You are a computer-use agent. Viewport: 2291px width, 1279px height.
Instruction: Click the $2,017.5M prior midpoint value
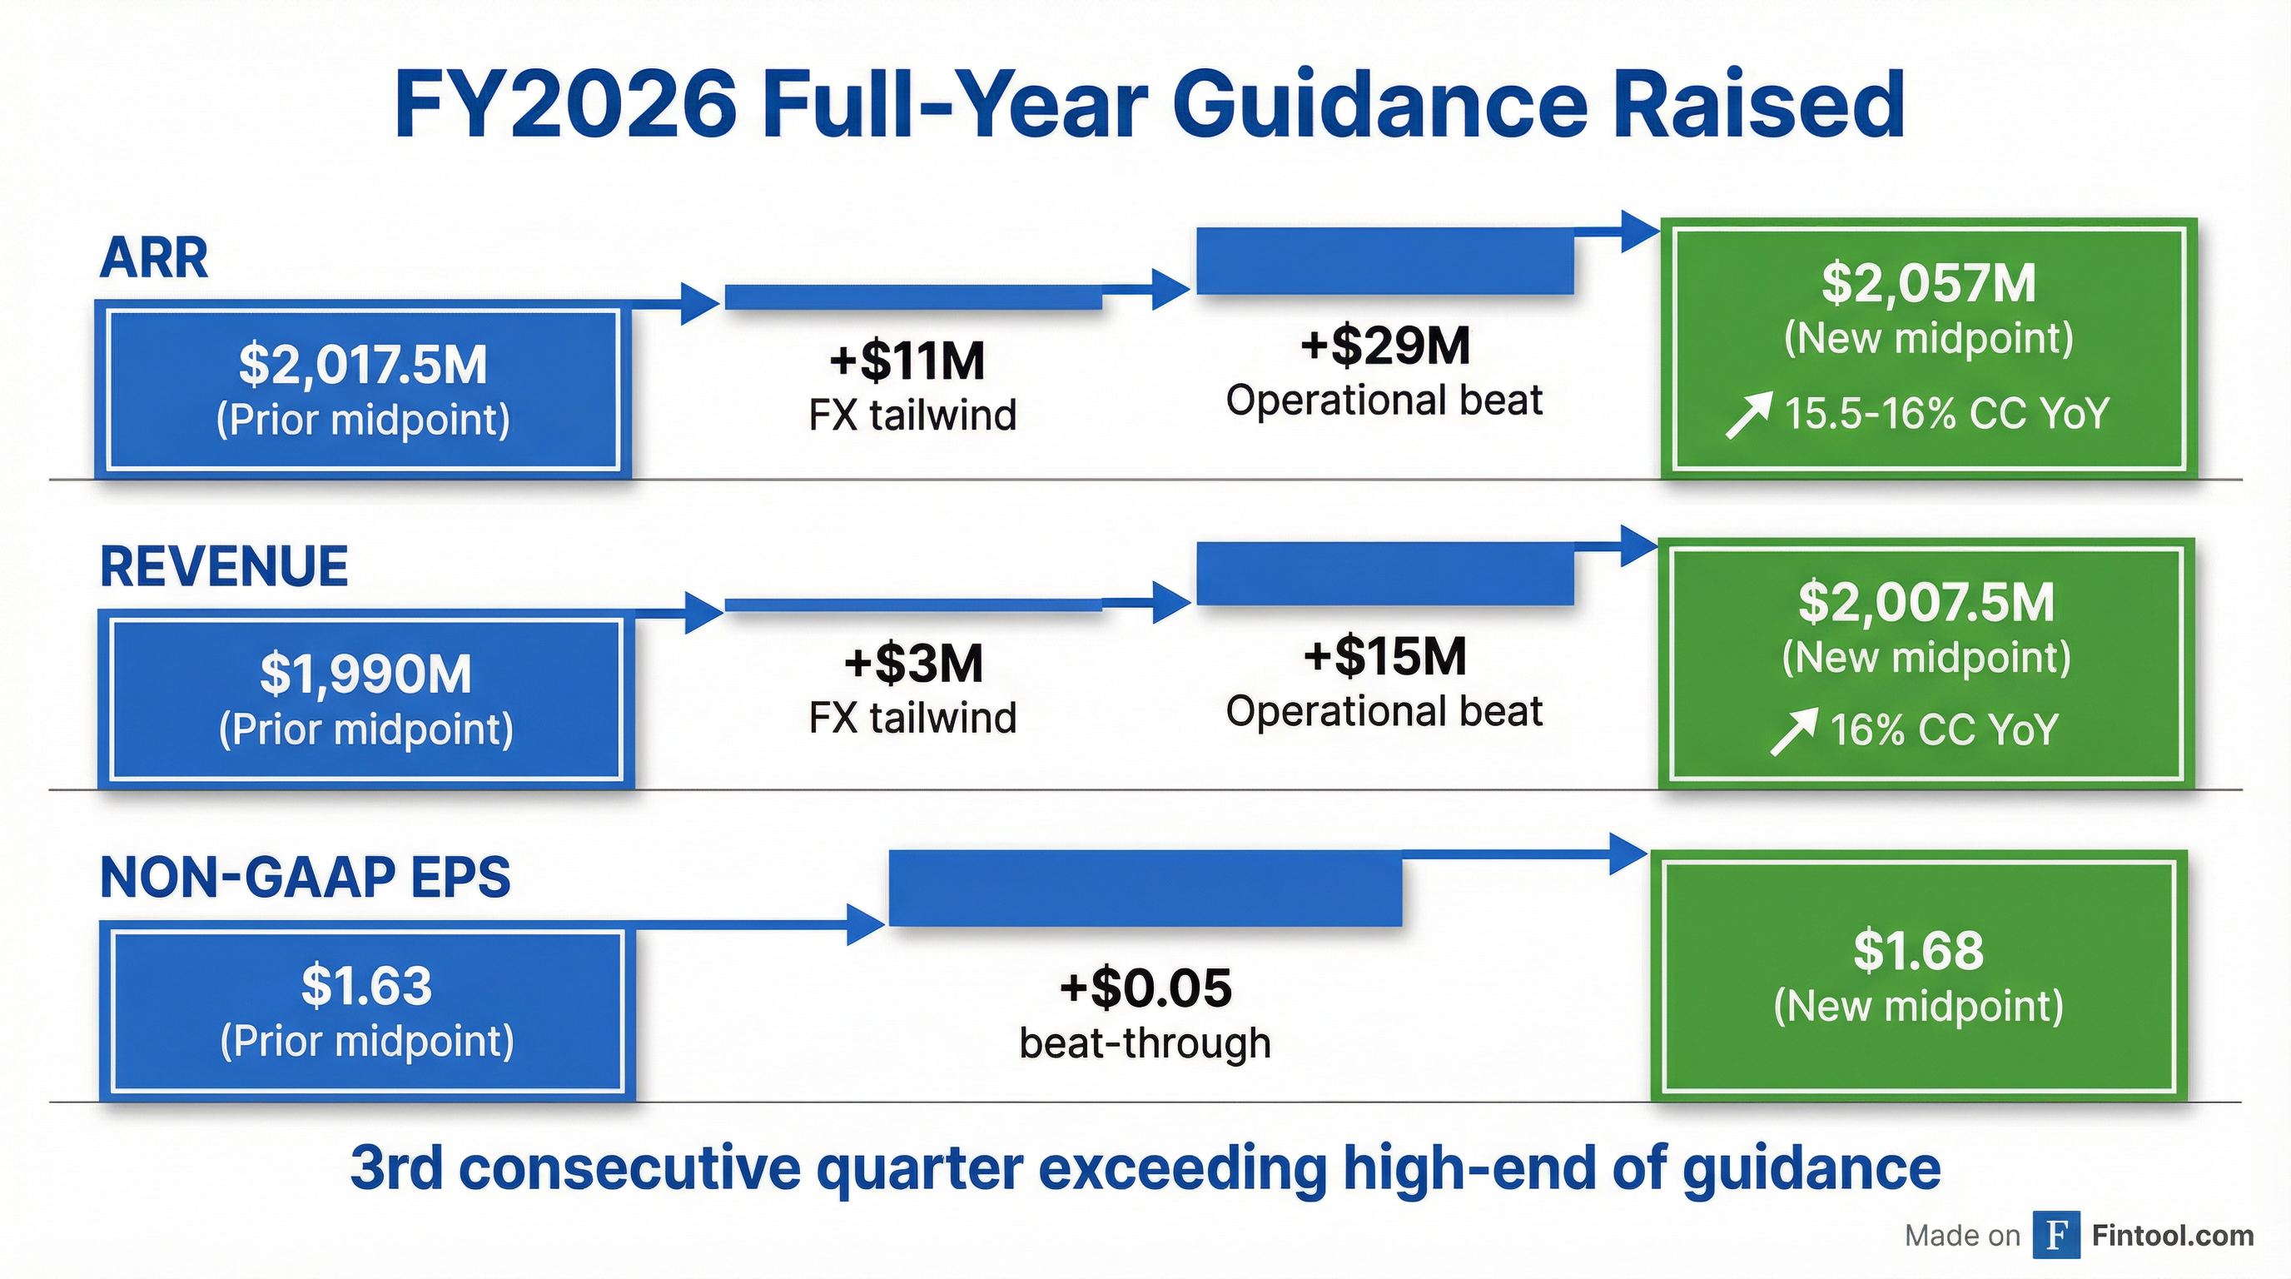(x=363, y=365)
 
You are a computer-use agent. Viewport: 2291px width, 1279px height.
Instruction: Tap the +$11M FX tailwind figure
(x=907, y=361)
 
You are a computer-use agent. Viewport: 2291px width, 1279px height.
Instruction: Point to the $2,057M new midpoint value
(x=1928, y=283)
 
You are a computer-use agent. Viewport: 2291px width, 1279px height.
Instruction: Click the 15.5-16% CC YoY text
(x=1946, y=414)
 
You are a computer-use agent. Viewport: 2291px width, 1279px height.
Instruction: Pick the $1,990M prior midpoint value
(x=365, y=674)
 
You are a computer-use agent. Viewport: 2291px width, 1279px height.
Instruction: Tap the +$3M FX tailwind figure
(x=913, y=664)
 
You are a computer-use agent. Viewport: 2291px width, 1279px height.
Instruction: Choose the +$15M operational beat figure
(x=1384, y=656)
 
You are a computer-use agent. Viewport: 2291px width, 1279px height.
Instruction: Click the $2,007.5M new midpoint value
(x=1926, y=602)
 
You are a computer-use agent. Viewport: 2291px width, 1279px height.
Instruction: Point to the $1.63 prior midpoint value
(x=366, y=986)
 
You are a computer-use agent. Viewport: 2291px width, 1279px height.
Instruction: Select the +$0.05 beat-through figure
(x=1145, y=988)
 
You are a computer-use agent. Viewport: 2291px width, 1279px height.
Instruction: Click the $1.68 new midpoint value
(x=1918, y=950)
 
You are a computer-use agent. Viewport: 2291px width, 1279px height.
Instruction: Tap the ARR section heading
(x=154, y=258)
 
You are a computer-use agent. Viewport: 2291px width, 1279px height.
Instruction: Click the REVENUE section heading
(x=224, y=566)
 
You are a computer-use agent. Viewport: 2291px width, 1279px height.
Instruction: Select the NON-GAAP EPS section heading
(x=305, y=877)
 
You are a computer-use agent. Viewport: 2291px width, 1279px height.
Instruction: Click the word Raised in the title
(x=1758, y=106)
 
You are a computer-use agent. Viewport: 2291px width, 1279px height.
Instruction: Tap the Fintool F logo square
(x=2055, y=1235)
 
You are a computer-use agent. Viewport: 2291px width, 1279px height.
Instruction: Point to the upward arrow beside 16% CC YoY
(x=1792, y=731)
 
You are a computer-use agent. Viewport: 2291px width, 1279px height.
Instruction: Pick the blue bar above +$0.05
(x=1145, y=888)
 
